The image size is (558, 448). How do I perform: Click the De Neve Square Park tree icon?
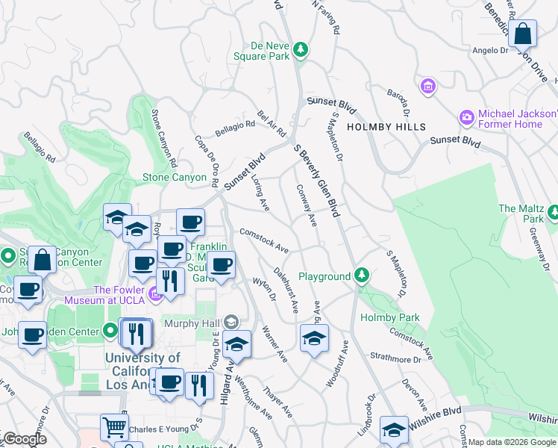[301, 49]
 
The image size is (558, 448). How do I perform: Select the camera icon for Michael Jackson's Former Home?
[467, 117]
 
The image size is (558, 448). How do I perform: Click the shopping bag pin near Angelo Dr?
[524, 34]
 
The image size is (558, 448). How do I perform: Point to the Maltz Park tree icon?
[553, 214]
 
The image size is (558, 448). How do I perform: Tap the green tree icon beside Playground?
[362, 276]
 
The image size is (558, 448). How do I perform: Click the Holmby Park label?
[389, 317]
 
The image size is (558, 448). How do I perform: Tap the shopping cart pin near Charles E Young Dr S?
[113, 428]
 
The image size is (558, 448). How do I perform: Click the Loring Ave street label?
[260, 194]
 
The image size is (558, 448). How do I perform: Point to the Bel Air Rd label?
[272, 123]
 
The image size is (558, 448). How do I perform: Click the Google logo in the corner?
[24, 440]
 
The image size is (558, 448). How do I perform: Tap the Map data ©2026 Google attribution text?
[511, 442]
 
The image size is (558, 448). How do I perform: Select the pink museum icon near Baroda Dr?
[428, 87]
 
